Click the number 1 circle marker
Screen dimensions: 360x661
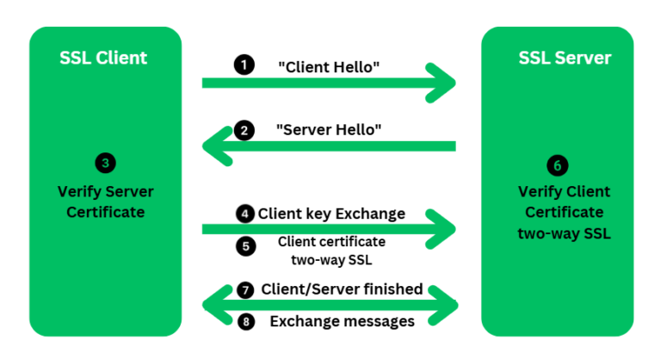pyautogui.click(x=245, y=65)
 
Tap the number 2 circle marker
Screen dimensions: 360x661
pyautogui.click(x=245, y=131)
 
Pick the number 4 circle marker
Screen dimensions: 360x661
pyautogui.click(x=245, y=213)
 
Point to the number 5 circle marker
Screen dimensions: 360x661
pyautogui.click(x=245, y=246)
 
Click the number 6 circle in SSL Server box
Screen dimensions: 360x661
pyautogui.click(x=557, y=164)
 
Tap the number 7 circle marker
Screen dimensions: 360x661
pyautogui.click(x=245, y=289)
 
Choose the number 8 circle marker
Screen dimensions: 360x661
pyautogui.click(x=245, y=321)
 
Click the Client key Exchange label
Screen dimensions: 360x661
pyautogui.click(x=331, y=213)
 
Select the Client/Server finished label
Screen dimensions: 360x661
pyautogui.click(x=342, y=289)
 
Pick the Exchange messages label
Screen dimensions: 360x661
pyautogui.click(x=342, y=321)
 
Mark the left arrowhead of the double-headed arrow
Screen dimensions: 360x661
pyautogui.click(x=213, y=305)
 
